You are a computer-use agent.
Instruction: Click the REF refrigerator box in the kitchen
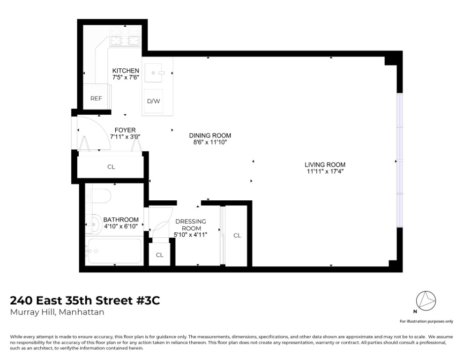point(96,98)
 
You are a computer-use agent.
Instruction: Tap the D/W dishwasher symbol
point(153,101)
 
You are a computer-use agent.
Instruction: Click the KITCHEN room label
point(126,71)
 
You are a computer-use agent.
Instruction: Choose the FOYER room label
point(125,130)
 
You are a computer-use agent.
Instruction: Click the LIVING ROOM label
point(325,164)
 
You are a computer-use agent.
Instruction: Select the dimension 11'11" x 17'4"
point(325,171)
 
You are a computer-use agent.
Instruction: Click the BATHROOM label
point(121,220)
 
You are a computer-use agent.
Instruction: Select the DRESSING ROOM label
point(191,225)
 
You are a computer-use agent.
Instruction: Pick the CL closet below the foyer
point(111,167)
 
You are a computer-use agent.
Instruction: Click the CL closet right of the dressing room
point(237,235)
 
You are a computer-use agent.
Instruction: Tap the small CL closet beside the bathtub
point(160,255)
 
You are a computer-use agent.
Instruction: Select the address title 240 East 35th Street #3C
point(85,300)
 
